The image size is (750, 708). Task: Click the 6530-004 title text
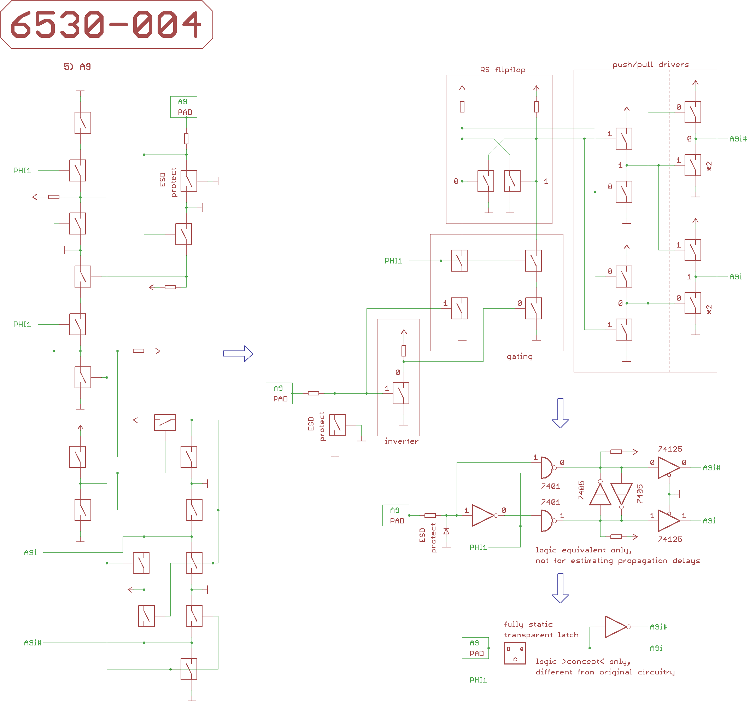pos(106,24)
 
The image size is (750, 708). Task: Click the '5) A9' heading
pos(77,67)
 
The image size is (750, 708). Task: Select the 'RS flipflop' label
pos(503,70)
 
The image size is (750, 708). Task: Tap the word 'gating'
pos(520,356)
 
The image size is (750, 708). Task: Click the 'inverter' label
pos(402,441)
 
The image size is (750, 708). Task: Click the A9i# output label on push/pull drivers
pos(738,139)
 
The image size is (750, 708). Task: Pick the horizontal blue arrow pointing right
pos(238,354)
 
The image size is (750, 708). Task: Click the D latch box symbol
pos(515,653)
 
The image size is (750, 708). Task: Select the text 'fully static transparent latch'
pos(541,629)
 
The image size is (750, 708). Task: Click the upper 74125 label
pos(670,449)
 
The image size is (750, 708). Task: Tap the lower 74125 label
pos(670,539)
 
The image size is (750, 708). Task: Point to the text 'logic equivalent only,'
pos(583,550)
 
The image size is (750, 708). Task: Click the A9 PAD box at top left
pos(184,107)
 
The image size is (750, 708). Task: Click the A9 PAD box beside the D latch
pos(475,648)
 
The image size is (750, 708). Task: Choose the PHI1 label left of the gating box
pos(393,261)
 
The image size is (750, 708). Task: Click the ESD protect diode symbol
pos(446,532)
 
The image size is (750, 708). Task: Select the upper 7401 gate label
pos(550,486)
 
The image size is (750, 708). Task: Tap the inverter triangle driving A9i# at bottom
pos(616,627)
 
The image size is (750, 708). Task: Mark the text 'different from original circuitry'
pos(605,672)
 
